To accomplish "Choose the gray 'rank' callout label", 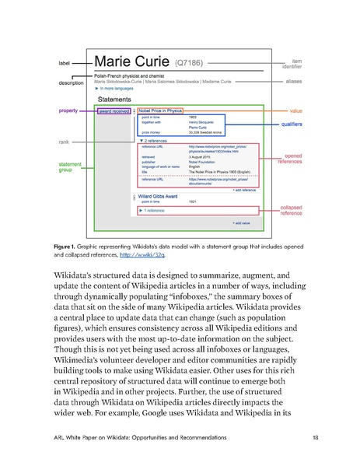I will (x=65, y=143).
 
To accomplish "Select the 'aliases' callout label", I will (x=292, y=80).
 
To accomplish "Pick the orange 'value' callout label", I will (x=295, y=110).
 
